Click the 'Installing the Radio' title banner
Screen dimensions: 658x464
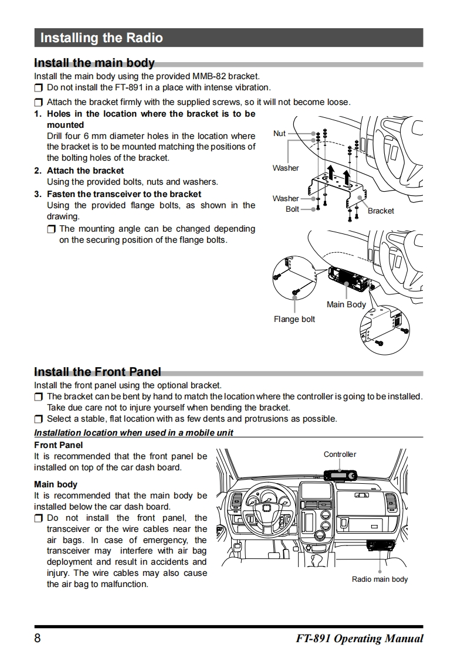[101, 38]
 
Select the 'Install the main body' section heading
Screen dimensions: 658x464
[94, 63]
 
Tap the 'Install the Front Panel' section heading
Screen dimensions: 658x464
[97, 371]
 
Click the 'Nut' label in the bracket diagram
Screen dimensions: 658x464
[279, 133]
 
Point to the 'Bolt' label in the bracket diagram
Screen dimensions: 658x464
[292, 209]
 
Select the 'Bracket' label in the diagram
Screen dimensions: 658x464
[381, 211]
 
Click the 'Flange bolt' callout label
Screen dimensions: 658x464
[294, 319]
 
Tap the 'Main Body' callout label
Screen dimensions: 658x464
[346, 304]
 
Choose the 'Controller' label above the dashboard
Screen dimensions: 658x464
[340, 454]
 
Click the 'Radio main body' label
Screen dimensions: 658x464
[380, 579]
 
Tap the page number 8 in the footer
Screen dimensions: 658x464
[38, 638]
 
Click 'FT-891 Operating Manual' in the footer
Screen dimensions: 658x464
[360, 638]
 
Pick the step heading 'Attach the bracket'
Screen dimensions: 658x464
[85, 171]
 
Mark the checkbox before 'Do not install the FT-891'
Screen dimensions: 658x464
[39, 88]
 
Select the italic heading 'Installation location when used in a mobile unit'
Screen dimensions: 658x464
[134, 433]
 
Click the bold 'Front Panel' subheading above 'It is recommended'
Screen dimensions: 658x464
[58, 445]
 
